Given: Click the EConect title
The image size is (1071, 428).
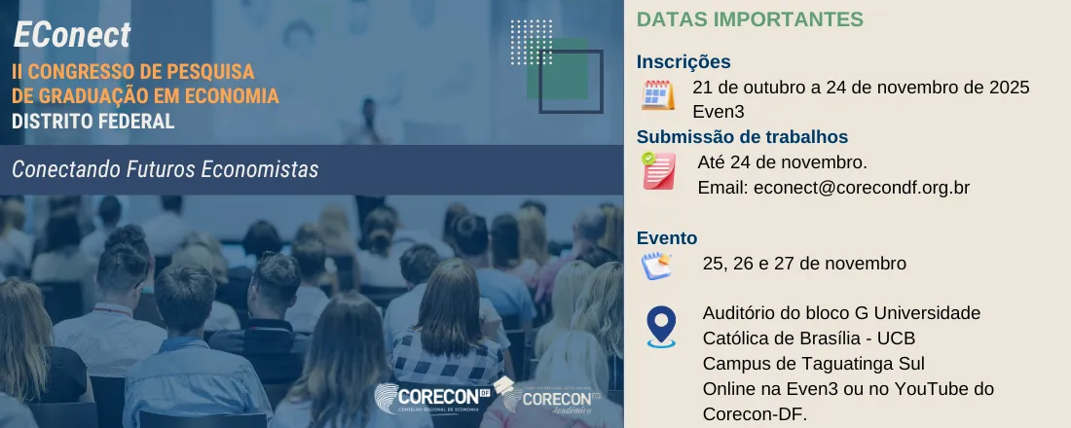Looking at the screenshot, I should pyautogui.click(x=72, y=35).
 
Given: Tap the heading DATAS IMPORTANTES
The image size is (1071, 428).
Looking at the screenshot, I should pyautogui.click(x=750, y=19).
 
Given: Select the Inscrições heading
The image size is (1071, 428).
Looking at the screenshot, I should pyautogui.click(x=683, y=62).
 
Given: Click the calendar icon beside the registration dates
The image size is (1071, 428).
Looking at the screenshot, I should pyautogui.click(x=658, y=95).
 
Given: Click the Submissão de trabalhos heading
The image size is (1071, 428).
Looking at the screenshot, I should pyautogui.click(x=742, y=137).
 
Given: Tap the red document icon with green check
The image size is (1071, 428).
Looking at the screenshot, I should pyautogui.click(x=658, y=170).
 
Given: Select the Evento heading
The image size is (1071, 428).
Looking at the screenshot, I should pyautogui.click(x=667, y=238).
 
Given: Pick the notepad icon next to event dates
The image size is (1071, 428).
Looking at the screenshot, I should pyautogui.click(x=657, y=265).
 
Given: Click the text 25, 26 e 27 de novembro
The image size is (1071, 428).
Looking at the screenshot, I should pyautogui.click(x=804, y=264).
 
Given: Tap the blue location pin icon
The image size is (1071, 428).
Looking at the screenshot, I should pyautogui.click(x=661, y=327).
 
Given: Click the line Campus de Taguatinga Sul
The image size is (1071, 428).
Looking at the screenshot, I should pyautogui.click(x=813, y=364).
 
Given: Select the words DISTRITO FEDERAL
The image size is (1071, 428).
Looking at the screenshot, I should pyautogui.click(x=93, y=122).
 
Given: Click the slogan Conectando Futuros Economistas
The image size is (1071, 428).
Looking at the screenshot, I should pyautogui.click(x=166, y=169).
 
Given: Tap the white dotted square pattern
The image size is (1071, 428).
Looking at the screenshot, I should pyautogui.click(x=532, y=42).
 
